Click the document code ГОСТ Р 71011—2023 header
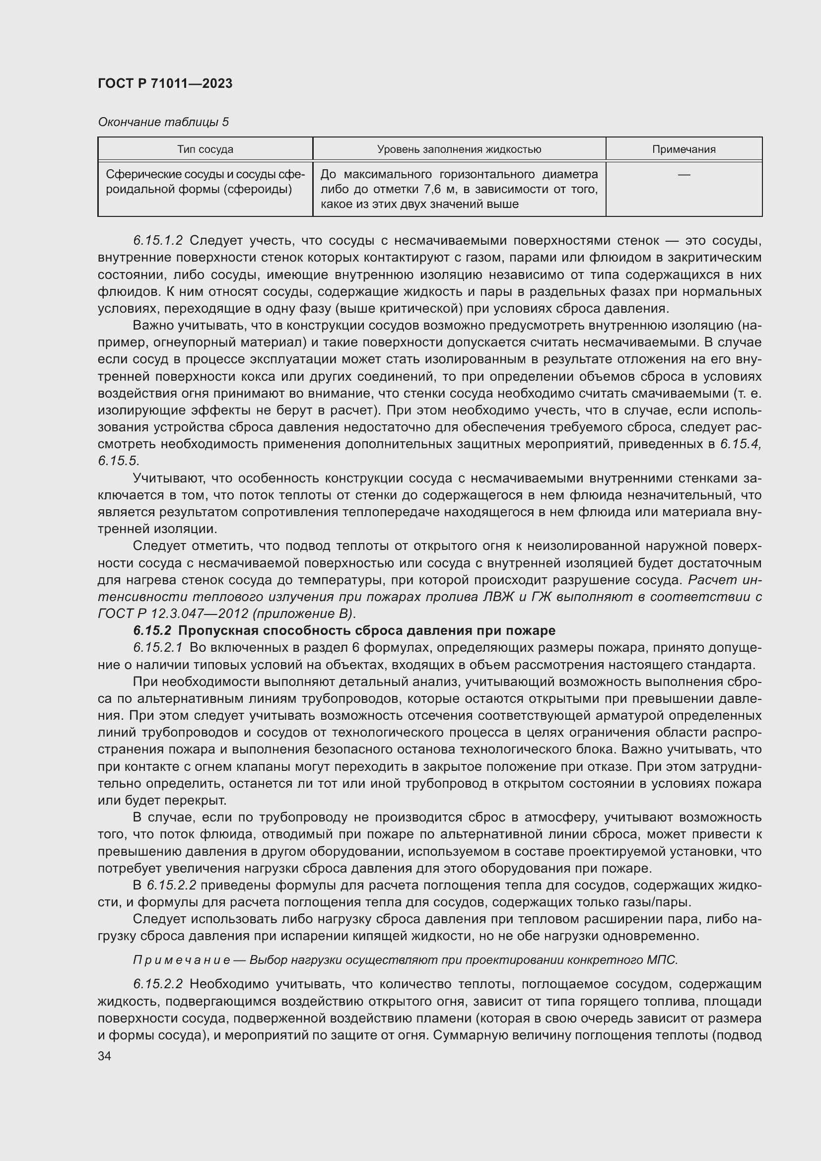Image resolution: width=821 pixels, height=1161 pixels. pyautogui.click(x=165, y=83)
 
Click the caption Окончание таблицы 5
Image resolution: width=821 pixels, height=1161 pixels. pyautogui.click(x=163, y=122)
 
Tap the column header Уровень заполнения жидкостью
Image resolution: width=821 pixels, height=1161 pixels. pyautogui.click(x=459, y=149)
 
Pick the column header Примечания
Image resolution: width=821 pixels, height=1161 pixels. pyautogui.click(x=684, y=149)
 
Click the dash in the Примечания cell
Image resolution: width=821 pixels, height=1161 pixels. pyautogui.click(x=684, y=174)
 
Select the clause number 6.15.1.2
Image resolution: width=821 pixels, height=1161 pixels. pyautogui.click(x=158, y=241)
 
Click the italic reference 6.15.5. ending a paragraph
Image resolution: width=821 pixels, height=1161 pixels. pyautogui.click(x=118, y=461)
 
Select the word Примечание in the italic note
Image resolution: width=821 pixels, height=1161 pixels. pyautogui.click(x=182, y=960)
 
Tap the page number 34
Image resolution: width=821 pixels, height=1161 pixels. pyautogui.click(x=105, y=1056)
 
